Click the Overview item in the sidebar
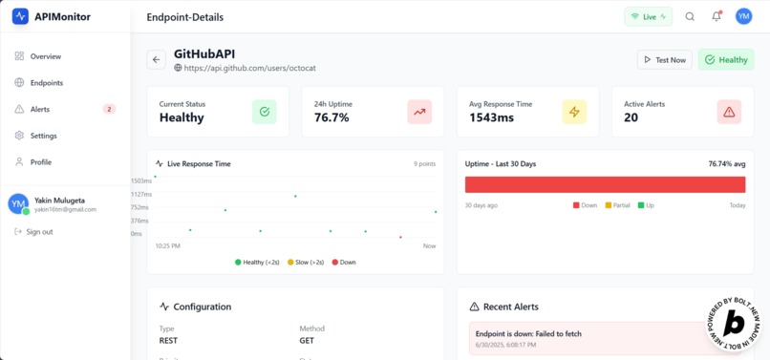click(x=45, y=56)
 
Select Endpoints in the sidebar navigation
click(x=46, y=83)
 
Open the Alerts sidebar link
click(x=39, y=109)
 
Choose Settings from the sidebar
click(x=43, y=136)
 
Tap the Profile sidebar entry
click(x=40, y=162)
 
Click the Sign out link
click(x=38, y=232)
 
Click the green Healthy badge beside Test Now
click(x=725, y=59)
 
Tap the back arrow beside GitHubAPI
click(x=157, y=59)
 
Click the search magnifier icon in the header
click(x=690, y=16)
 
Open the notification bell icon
click(x=717, y=16)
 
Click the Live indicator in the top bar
click(x=649, y=16)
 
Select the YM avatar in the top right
click(x=743, y=16)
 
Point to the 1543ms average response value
click(x=491, y=117)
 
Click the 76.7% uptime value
click(x=332, y=117)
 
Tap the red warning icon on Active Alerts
click(x=729, y=112)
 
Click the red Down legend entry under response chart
click(x=344, y=262)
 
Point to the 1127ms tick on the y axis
click(x=140, y=194)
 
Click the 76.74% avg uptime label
click(x=727, y=164)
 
